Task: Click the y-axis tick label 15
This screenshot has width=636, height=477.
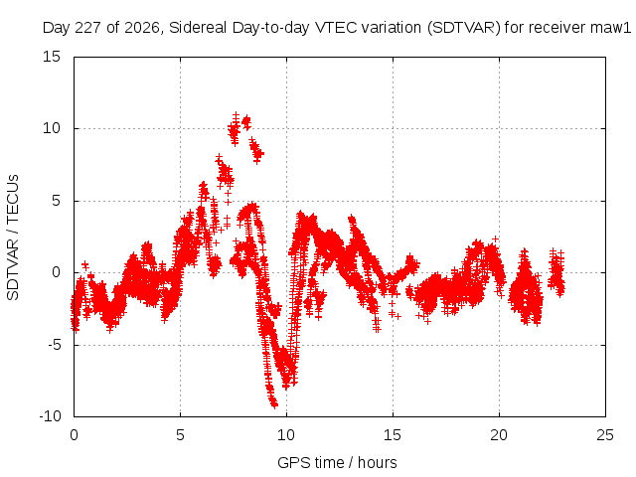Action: click(x=52, y=57)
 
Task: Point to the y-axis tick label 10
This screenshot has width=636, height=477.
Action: click(x=52, y=128)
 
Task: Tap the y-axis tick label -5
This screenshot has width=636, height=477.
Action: click(x=54, y=345)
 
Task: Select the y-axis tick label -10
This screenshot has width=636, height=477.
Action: click(x=50, y=416)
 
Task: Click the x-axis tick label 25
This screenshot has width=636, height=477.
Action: click(x=605, y=435)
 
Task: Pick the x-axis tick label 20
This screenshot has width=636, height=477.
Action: click(x=499, y=435)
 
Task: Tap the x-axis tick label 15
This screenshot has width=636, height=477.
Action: click(x=393, y=435)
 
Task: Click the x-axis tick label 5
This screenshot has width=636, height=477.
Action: click(x=180, y=435)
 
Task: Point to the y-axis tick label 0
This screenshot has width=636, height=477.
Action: click(x=56, y=273)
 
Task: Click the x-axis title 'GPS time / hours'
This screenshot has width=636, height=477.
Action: click(x=337, y=463)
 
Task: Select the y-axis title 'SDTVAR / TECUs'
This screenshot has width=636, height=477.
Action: click(x=13, y=238)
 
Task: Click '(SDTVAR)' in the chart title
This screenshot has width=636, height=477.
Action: click(x=464, y=28)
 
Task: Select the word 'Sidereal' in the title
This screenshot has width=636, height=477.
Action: click(x=198, y=28)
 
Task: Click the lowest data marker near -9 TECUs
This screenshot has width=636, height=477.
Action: click(x=275, y=404)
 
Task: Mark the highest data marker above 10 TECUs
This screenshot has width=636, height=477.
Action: click(x=236, y=115)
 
